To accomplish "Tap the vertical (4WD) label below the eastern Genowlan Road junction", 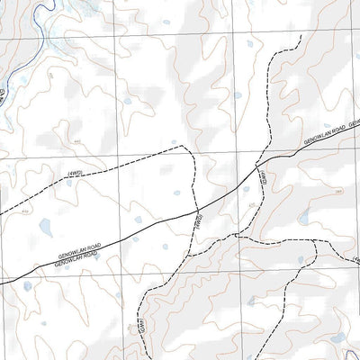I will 263,179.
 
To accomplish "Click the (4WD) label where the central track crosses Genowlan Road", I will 196,221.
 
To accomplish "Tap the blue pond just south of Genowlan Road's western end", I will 28,288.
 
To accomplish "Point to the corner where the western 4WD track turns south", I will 185,147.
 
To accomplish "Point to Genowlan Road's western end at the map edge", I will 2,281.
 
